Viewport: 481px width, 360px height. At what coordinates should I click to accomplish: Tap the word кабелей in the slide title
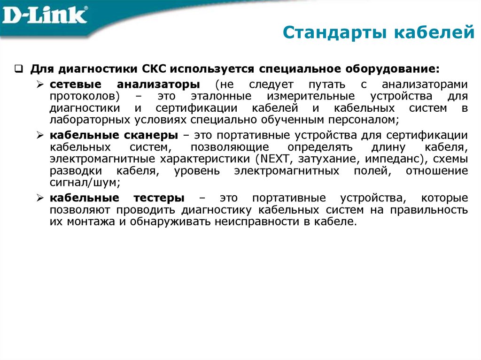[x=433, y=33]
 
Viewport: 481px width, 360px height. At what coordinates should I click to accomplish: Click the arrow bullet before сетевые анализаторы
[x=40, y=85]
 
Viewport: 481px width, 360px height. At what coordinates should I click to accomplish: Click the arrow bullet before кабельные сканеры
[x=40, y=136]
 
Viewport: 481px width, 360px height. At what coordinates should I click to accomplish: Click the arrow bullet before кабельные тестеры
[x=40, y=198]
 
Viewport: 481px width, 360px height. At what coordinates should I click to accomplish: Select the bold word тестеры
[x=160, y=198]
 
